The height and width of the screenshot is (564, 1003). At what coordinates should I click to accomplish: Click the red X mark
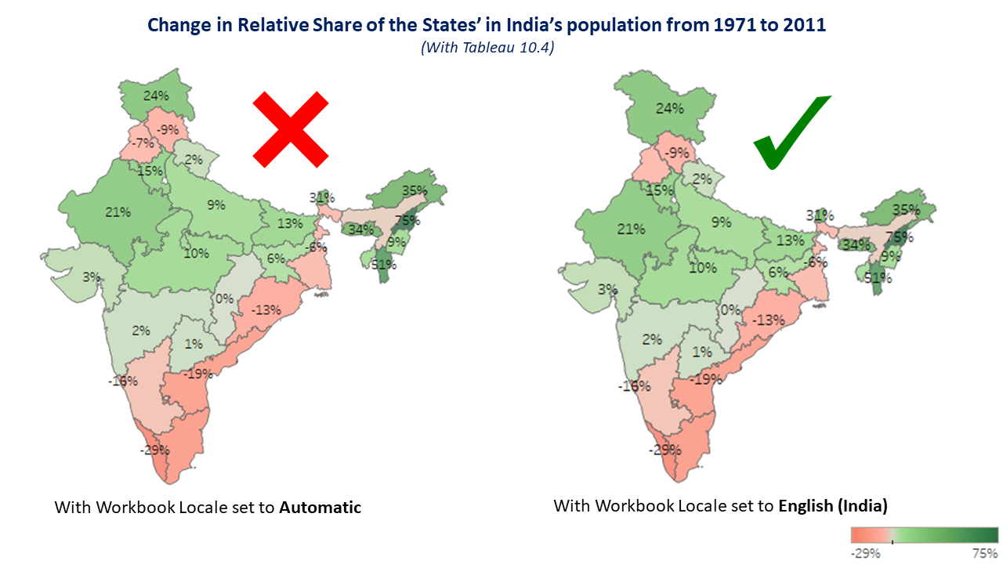pyautogui.click(x=290, y=129)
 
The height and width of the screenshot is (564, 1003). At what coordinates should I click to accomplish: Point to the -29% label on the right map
pyautogui.click(x=662, y=450)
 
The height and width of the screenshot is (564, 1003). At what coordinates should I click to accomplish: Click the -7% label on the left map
pyautogui.click(x=142, y=143)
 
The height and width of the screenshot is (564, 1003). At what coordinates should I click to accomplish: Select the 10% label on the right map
pyautogui.click(x=702, y=267)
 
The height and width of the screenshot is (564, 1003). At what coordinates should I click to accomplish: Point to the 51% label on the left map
pyautogui.click(x=383, y=264)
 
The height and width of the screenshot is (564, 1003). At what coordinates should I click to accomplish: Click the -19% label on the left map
pyautogui.click(x=198, y=374)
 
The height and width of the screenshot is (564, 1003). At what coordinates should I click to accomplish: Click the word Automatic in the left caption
pyautogui.click(x=320, y=508)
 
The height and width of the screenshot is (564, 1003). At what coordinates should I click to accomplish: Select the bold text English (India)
pyautogui.click(x=832, y=506)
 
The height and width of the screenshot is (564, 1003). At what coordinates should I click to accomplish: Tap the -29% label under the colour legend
pyautogui.click(x=866, y=553)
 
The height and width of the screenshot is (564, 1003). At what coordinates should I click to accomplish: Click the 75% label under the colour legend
pyautogui.click(x=985, y=553)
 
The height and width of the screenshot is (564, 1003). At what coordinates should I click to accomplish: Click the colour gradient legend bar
pyautogui.click(x=925, y=535)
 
